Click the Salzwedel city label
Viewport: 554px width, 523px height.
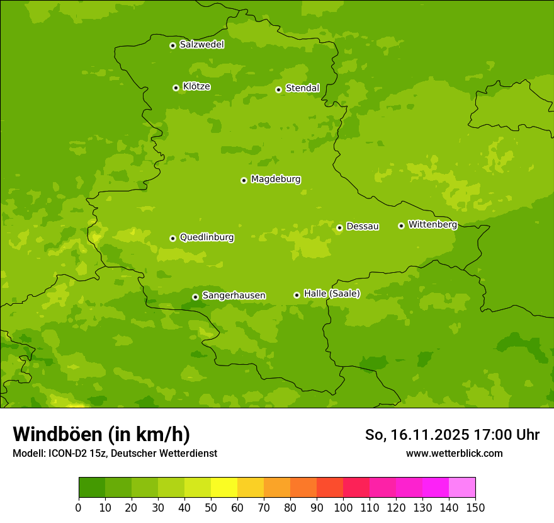click(x=201, y=45)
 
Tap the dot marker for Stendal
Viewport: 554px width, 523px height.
click(x=278, y=89)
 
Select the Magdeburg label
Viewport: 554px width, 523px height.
click(x=275, y=180)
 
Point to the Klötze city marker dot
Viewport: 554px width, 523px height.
click(x=176, y=88)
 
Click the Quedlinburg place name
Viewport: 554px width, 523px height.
click(x=206, y=238)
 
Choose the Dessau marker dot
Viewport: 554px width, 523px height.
click(x=339, y=227)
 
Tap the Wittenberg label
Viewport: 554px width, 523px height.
click(x=432, y=225)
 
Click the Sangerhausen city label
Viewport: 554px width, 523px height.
click(x=234, y=296)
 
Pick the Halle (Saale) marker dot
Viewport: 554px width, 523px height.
click(x=297, y=295)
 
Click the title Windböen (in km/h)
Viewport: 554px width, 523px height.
click(x=101, y=434)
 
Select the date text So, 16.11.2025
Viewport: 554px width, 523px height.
click(x=417, y=435)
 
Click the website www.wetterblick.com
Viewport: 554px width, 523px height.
click(x=454, y=453)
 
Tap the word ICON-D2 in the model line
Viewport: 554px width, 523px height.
click(x=67, y=453)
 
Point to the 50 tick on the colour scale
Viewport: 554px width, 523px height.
click(x=211, y=507)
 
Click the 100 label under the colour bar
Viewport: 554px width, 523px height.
click(x=343, y=507)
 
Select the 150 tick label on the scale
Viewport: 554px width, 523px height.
click(x=475, y=507)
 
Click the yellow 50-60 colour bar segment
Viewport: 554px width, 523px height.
click(x=224, y=488)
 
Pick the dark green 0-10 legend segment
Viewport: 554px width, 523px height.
click(x=92, y=488)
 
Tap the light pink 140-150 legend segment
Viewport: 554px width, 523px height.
click(x=462, y=488)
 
